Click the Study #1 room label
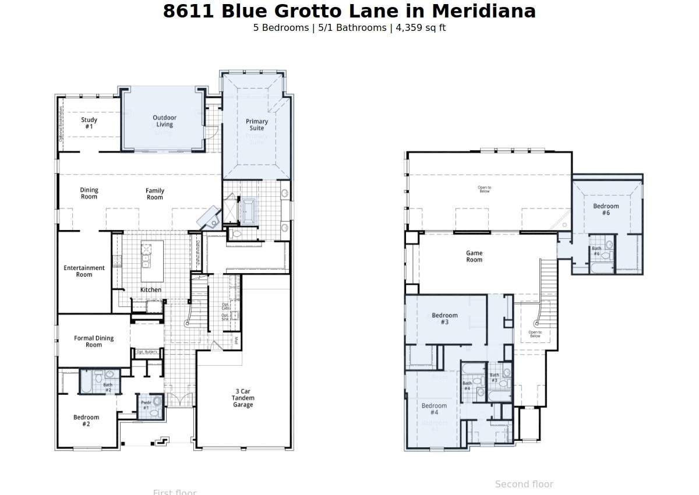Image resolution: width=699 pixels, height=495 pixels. coord(89,123)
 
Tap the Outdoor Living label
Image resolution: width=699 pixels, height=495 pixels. coord(164,121)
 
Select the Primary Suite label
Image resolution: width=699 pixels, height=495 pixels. coord(257,125)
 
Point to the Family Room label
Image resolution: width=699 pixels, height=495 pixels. coord(155,194)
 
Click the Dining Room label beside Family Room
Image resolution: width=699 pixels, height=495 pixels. coord(89,193)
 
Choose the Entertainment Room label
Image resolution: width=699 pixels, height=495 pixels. coord(84,271)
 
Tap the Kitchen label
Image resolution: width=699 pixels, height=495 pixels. coord(151,290)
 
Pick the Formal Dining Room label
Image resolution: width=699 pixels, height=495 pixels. coord(94,341)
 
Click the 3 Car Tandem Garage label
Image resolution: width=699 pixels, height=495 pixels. coord(243,398)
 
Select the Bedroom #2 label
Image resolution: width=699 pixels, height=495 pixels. coord(86,420)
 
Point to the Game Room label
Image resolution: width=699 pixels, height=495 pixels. coord(474,256)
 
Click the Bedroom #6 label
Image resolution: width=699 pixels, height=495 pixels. coord(606,210)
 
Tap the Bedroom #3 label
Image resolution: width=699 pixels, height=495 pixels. coord(444,319)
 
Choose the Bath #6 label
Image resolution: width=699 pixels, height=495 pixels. coord(596,251)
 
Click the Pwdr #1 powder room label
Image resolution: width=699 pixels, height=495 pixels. coord(146,405)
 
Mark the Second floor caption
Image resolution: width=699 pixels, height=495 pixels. coord(524,484)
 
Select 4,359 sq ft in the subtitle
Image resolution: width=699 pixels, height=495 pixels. coord(421,27)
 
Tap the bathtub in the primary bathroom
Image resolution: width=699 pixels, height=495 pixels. coord(249,210)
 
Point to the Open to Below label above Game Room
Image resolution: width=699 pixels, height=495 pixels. coord(484,189)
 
